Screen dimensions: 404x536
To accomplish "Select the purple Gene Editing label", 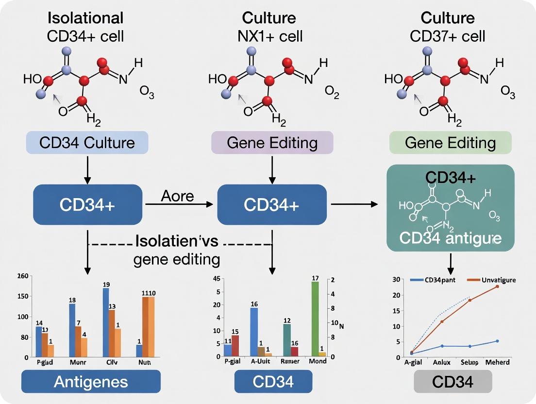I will (x=272, y=143).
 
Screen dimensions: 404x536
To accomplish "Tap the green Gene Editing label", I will (x=450, y=143).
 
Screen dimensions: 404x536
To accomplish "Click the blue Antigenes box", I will (x=91, y=381).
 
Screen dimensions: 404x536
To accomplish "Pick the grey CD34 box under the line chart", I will (x=452, y=381).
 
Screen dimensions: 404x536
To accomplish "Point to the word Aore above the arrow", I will (x=178, y=196).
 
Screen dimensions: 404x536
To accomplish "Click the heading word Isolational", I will (x=85, y=18).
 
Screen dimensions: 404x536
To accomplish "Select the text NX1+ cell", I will (x=269, y=36).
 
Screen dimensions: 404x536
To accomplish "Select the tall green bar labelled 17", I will (x=315, y=318).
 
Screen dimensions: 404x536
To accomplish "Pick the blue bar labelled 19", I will (x=106, y=322).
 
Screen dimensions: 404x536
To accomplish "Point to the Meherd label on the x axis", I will (x=497, y=362).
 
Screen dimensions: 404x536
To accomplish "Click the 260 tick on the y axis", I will (x=23, y=277).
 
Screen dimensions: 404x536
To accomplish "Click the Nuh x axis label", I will (x=144, y=362).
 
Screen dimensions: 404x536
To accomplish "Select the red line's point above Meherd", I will (x=497, y=286).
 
